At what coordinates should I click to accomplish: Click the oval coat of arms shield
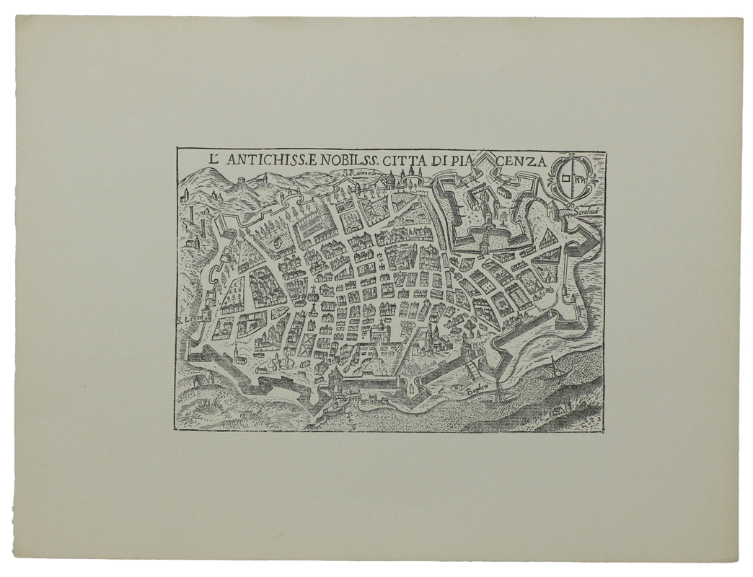pyautogui.click(x=572, y=178)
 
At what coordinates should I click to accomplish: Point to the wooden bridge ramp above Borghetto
pyautogui.click(x=472, y=369)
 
